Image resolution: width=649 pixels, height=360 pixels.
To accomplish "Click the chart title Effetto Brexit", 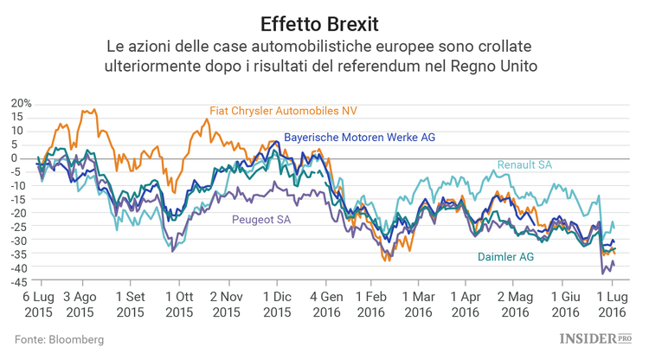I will pyautogui.click(x=324, y=19).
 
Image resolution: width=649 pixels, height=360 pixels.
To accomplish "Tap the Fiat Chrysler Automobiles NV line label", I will pyautogui.click(x=283, y=111).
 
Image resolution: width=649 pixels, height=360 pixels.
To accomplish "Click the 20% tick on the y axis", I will pyautogui.click(x=22, y=103).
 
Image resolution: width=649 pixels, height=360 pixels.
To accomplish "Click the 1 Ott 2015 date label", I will pyautogui.click(x=179, y=303).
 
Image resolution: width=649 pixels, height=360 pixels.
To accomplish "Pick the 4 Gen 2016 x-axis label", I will pyautogui.click(x=325, y=303).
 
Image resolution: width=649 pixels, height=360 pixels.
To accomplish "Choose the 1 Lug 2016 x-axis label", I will pyautogui.click(x=612, y=303).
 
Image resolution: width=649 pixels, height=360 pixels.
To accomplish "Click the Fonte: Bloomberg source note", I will pyautogui.click(x=59, y=340).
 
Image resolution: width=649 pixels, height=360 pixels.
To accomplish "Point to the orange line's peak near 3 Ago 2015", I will pyautogui.click(x=84, y=111).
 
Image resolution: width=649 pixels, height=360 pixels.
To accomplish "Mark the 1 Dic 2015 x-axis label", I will pyautogui.click(x=276, y=303).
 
